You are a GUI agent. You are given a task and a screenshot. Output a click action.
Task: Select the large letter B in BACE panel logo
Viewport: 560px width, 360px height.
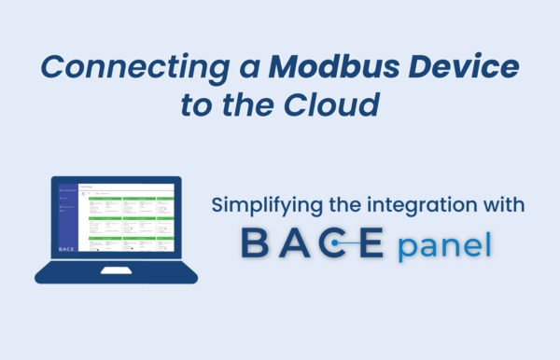point(256,242)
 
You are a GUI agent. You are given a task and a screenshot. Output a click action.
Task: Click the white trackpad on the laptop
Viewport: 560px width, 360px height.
point(117,271)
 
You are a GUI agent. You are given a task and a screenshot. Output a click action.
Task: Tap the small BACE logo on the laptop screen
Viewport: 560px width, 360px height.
point(66,249)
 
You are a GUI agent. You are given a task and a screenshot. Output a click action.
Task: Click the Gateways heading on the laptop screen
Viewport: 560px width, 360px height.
point(91,187)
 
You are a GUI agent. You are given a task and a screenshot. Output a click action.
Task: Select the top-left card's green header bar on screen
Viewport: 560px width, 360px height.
point(105,198)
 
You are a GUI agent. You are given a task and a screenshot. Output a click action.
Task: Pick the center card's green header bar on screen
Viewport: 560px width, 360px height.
point(139,217)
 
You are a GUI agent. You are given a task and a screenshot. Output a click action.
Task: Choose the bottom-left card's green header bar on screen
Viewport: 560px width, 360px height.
point(105,237)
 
